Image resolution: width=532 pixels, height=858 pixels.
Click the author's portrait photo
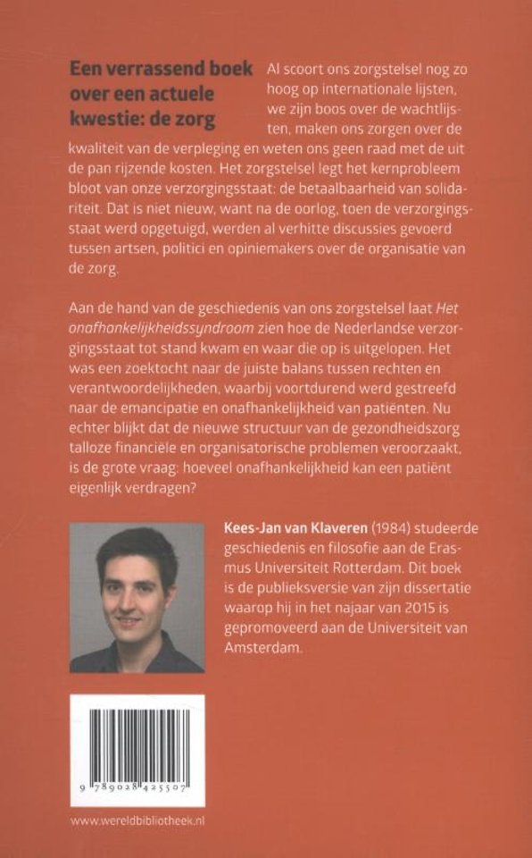click(137, 598)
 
